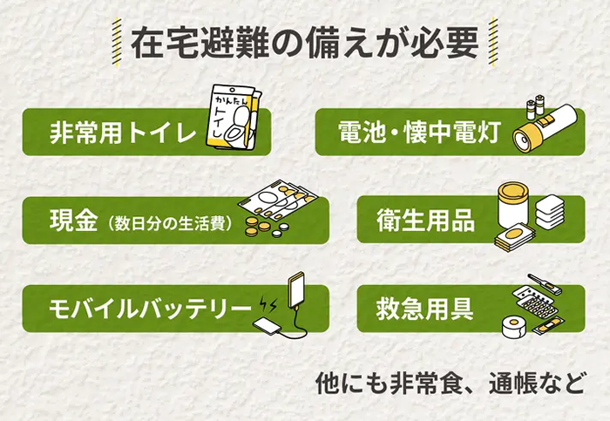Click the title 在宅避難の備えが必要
pos(305,41)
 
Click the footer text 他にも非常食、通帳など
pos(449,384)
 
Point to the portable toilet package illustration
pos(234,122)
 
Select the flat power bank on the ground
pos(269,326)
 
